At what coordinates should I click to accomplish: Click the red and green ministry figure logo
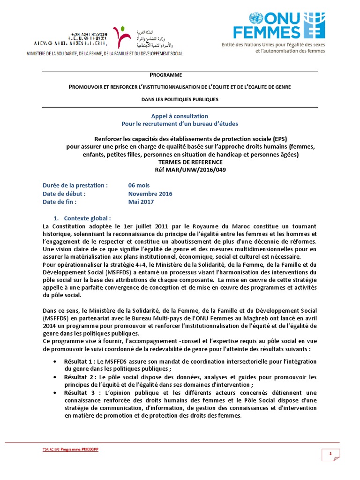pyautogui.click(x=122, y=38)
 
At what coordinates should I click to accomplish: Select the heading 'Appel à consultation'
pyautogui.click(x=180, y=116)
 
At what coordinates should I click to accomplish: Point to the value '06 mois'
pyautogui.click(x=139, y=185)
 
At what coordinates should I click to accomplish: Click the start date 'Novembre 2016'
pyautogui.click(x=150, y=194)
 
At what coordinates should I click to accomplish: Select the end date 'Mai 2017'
pyautogui.click(x=141, y=202)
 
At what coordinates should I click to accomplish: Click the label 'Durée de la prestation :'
pyautogui.click(x=75, y=185)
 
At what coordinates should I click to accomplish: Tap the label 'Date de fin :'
pyautogui.click(x=59, y=202)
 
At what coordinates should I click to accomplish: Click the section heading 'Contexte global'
pyautogui.click(x=87, y=218)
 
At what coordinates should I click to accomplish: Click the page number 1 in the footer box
pyautogui.click(x=330, y=454)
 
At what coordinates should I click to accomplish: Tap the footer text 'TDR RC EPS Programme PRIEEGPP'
pyautogui.click(x=71, y=449)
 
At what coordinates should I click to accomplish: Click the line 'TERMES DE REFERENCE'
pyautogui.click(x=180, y=162)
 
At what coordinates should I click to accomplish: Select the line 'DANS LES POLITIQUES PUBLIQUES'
pyautogui.click(x=180, y=99)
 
